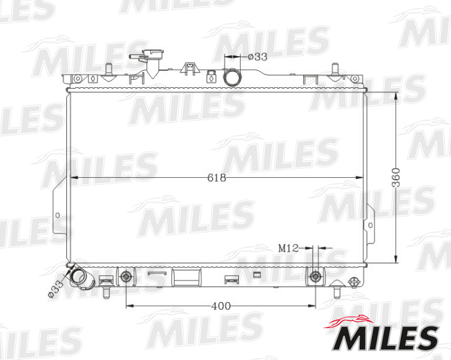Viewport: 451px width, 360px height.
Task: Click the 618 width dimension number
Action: [x=217, y=178]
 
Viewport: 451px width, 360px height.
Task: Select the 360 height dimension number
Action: [x=396, y=178]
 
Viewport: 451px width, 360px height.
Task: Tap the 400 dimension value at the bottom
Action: [x=220, y=306]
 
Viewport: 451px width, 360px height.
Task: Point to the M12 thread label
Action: [x=288, y=248]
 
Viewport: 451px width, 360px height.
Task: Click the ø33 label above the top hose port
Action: [x=257, y=57]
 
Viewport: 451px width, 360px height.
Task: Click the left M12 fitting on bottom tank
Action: [x=125, y=277]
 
